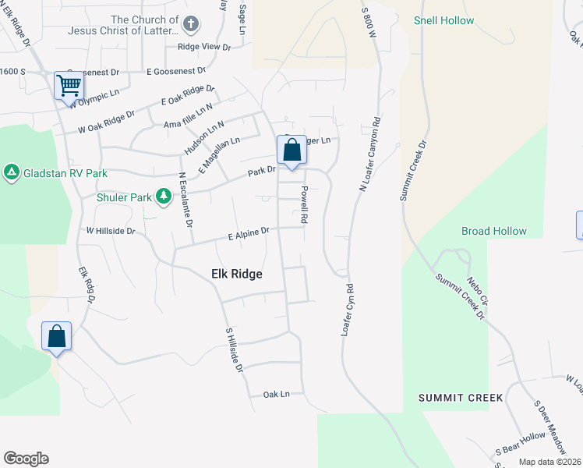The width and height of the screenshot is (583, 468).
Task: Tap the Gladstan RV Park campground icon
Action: pyautogui.click(x=12, y=171)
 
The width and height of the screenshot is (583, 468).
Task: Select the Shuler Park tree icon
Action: pyautogui.click(x=164, y=195)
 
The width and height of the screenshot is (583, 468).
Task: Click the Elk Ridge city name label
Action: pyautogui.click(x=237, y=274)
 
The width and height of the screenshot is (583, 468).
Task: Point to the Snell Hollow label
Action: pyautogui.click(x=443, y=20)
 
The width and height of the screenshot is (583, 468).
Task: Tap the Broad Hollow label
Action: pyautogui.click(x=493, y=231)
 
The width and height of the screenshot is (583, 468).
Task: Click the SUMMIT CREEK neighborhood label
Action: pyautogui.click(x=460, y=398)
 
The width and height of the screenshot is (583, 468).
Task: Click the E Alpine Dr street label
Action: pyautogui.click(x=249, y=232)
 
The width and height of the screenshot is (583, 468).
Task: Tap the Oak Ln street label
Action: pyautogui.click(x=276, y=395)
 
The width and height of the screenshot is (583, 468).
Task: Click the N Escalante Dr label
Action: pyautogui.click(x=185, y=200)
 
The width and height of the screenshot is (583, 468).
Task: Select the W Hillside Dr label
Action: pyautogui.click(x=111, y=231)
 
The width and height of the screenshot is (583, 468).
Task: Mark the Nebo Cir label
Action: pyautogui.click(x=476, y=289)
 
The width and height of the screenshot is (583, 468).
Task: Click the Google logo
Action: pyautogui.click(x=26, y=459)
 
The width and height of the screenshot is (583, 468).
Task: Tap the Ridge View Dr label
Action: pyautogui.click(x=204, y=47)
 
